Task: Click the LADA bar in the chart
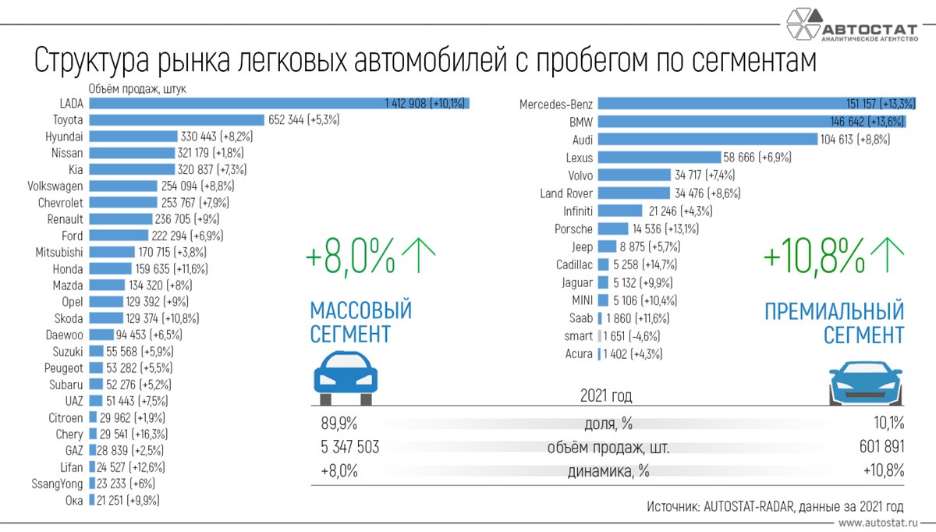coord(281,103)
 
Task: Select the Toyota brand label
coord(68,120)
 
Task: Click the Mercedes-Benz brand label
coord(556,104)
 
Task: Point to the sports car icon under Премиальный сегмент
coord(864,383)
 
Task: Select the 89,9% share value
coord(339,424)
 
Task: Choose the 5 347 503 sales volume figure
coord(350,448)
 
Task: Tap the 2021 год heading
coord(606,396)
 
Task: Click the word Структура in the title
coord(92,62)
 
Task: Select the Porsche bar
coord(612,229)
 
